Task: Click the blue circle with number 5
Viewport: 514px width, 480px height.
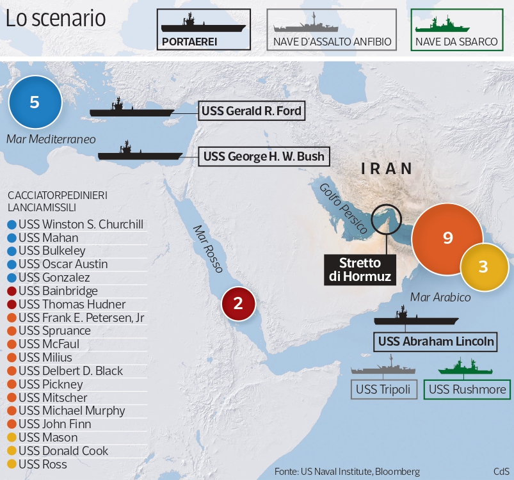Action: pos(35,102)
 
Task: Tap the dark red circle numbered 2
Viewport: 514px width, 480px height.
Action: pos(238,303)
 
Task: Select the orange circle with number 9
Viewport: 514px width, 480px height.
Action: pos(447,238)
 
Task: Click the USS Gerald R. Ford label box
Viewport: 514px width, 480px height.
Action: pos(251,111)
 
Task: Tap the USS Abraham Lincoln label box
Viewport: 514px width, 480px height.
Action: pos(436,341)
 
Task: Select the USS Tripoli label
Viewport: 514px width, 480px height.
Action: pos(384,389)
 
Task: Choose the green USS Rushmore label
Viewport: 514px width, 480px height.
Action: pos(467,389)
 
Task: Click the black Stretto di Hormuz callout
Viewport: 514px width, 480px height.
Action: pos(360,269)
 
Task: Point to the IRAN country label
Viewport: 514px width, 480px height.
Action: pos(387,169)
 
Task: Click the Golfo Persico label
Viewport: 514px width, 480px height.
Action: pos(342,208)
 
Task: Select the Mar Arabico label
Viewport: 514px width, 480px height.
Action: pos(440,297)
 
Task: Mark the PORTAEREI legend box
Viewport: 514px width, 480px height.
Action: pos(204,29)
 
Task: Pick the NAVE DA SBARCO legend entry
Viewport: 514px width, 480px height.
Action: pos(456,29)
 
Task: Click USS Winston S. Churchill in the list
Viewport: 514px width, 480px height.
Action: pos(81,225)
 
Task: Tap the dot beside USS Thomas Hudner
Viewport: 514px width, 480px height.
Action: pos(12,305)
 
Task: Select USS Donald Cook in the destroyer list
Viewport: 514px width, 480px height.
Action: pos(63,451)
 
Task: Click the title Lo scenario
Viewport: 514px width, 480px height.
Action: pos(56,18)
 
